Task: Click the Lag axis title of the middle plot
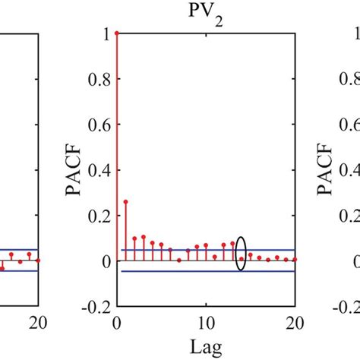click(x=207, y=345)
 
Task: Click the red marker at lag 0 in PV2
click(x=116, y=33)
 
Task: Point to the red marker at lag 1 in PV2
click(x=125, y=202)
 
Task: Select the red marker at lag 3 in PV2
click(x=144, y=238)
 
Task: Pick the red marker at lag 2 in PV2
click(x=134, y=239)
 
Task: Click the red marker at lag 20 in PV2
click(x=295, y=260)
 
